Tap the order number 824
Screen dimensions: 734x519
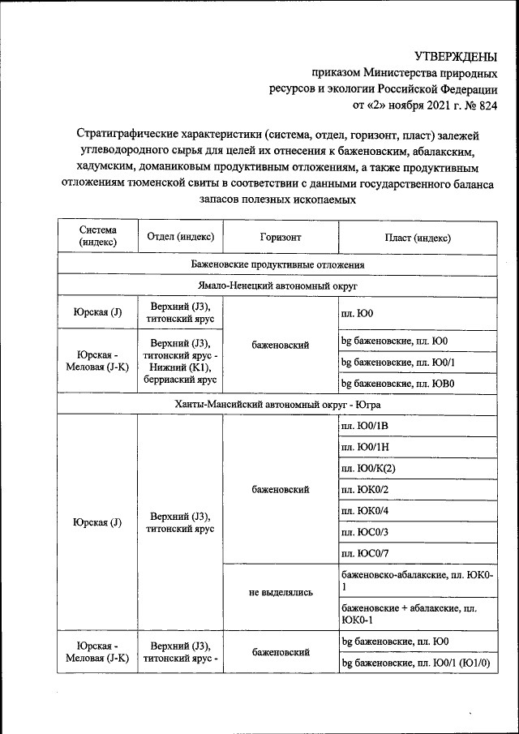[487, 105]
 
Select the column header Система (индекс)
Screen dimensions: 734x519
[97, 237]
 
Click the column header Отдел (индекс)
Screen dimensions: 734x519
[180, 237]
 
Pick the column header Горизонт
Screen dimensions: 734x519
[281, 237]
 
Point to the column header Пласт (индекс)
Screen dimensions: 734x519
[418, 237]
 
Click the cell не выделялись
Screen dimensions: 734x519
[281, 593]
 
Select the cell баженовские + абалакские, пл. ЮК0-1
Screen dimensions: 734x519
[407, 613]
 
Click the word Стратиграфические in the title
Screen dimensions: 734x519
[131, 132]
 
